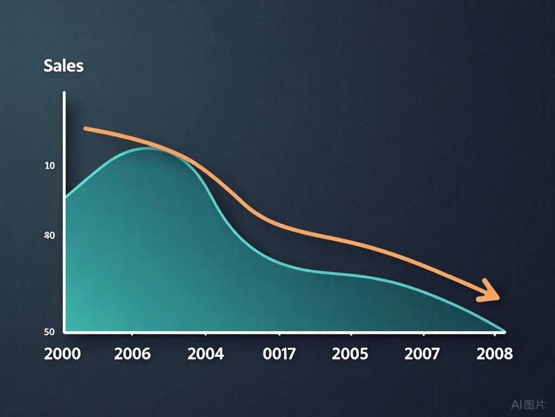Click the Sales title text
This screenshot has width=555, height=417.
[64, 66]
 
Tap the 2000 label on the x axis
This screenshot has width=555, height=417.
[62, 354]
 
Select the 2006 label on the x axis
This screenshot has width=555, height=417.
[132, 354]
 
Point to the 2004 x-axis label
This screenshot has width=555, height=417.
[205, 354]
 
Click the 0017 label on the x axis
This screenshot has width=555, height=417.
[279, 354]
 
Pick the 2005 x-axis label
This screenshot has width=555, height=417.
[350, 354]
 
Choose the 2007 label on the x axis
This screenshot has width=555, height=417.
[422, 354]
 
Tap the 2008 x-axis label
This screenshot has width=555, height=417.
[494, 354]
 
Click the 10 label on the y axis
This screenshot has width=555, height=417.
[50, 166]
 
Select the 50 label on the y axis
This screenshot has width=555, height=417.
[49, 332]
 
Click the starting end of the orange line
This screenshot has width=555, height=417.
[85, 128]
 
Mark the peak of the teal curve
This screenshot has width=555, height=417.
[147, 148]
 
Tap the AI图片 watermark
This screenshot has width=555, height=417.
[528, 405]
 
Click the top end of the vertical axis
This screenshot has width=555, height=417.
[64, 93]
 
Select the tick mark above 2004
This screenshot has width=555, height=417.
[205, 334]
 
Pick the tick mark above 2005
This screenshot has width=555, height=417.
[351, 334]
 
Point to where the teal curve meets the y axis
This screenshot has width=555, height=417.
[66, 198]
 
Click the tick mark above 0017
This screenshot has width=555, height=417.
[280, 334]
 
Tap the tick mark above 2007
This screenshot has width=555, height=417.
[424, 334]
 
